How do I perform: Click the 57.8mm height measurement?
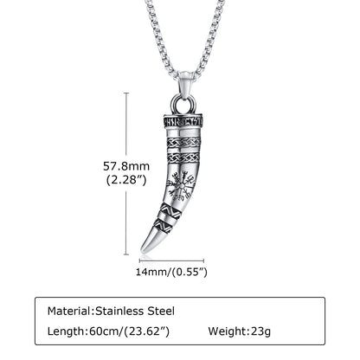pyautogui.click(x=126, y=166)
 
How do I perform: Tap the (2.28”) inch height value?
pyautogui.click(x=126, y=180)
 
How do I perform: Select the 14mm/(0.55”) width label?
pyautogui.click(x=171, y=272)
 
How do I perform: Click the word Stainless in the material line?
pyautogui.click(x=119, y=311)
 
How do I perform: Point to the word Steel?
pyautogui.click(x=161, y=311)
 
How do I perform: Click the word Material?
pyautogui.click(x=69, y=311)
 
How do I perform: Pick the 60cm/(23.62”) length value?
pyautogui.click(x=129, y=331)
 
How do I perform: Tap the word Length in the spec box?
pyautogui.click(x=66, y=331)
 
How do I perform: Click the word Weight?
pyautogui.click(x=228, y=331)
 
